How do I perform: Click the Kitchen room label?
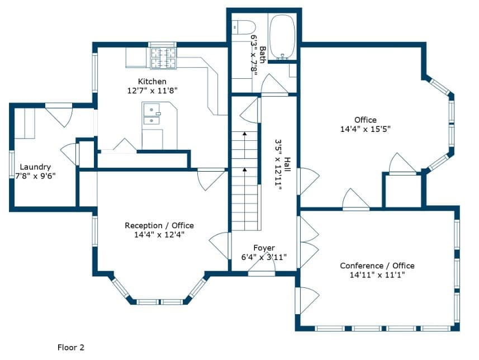click(x=152, y=81)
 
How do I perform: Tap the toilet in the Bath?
click(x=244, y=27)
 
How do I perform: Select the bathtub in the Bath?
click(x=283, y=37)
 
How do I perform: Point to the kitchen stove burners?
click(x=164, y=58)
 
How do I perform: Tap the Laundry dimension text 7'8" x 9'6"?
click(x=35, y=176)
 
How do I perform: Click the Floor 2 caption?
click(x=70, y=348)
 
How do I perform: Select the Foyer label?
click(x=264, y=248)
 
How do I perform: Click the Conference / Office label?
click(x=377, y=266)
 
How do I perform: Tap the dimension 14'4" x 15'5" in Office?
click(x=366, y=129)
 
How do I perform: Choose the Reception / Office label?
click(x=159, y=225)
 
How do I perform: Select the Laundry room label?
click(x=35, y=167)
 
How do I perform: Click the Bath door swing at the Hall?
click(x=274, y=84)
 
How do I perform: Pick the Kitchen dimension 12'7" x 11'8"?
click(x=152, y=91)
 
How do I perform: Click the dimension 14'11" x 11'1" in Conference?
click(x=377, y=275)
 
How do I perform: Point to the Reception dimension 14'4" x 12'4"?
click(x=159, y=235)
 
